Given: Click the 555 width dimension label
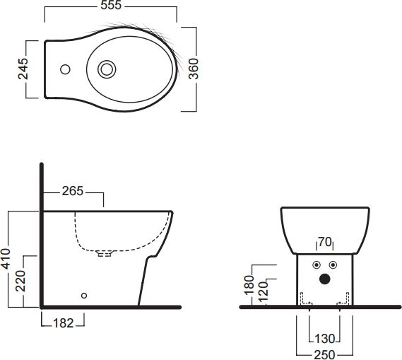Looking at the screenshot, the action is (x=111, y=5).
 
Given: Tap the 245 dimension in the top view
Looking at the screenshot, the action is (x=23, y=69).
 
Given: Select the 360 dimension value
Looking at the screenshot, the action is (x=194, y=69).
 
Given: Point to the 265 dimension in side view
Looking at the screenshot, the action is (x=73, y=191).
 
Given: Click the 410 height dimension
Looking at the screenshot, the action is (x=6, y=259).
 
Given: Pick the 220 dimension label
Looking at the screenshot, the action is (x=20, y=281).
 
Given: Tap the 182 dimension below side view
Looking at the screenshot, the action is (x=64, y=323).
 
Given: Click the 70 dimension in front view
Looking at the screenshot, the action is (x=325, y=242).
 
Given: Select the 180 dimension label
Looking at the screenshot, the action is (x=249, y=285).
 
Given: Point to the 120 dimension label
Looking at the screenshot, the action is (x=264, y=291).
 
